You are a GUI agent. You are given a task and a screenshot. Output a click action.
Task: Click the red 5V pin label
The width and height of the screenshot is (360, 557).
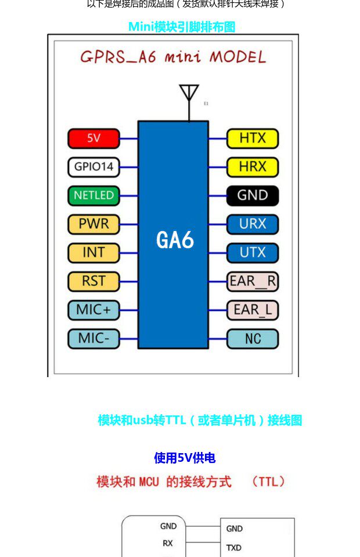coord(93,139)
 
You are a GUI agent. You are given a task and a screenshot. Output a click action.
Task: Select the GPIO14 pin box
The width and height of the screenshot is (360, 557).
coord(93,167)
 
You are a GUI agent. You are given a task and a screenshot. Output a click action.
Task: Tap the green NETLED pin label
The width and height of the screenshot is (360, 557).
coord(93,196)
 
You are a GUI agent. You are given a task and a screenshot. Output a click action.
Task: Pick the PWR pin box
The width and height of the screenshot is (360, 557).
coord(93,224)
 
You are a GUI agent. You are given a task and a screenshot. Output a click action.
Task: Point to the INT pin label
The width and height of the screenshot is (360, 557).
coord(93,252)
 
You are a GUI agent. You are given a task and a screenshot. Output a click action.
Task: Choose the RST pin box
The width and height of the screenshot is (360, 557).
coord(93,281)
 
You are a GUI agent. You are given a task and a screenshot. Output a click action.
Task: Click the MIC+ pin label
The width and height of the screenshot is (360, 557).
coord(93,310)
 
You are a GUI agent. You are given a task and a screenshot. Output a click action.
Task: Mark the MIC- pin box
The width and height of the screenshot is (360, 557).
coord(93,338)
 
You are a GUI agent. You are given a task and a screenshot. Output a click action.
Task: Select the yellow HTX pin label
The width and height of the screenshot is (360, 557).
coord(253,139)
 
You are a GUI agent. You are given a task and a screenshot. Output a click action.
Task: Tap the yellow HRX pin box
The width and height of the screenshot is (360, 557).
coord(253,167)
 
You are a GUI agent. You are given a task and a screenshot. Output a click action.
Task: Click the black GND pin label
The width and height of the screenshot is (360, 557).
coord(253,196)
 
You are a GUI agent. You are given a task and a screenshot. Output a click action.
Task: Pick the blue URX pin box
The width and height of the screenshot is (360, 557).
coord(253,224)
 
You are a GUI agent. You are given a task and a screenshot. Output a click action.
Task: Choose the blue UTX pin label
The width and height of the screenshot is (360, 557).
coord(253,253)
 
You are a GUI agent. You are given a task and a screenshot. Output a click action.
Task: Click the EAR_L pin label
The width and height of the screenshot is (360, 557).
coord(253,310)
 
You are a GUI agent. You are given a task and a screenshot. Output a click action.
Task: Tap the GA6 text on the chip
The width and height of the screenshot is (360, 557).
coord(175,240)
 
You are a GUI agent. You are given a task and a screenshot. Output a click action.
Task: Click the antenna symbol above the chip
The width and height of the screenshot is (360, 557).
coord(189,95)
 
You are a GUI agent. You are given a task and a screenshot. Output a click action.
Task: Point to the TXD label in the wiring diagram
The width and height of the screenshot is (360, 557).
coord(234,548)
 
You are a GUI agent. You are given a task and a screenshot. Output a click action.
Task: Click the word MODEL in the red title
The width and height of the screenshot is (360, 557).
coord(237,57)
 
